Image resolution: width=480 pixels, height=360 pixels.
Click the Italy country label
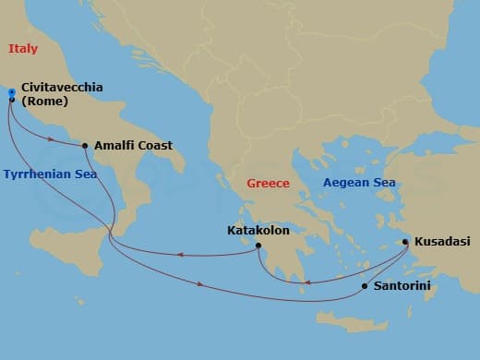point(23,49)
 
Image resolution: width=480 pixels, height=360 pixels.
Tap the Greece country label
point(268,184)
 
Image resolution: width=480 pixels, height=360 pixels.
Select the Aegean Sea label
point(359,183)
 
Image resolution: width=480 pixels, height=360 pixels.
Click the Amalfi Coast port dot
point(85,146)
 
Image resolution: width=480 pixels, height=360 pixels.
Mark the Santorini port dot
point(365,286)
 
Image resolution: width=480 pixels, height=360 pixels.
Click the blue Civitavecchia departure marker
point(11,93)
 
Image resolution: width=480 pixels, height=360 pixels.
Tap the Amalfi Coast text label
point(134,145)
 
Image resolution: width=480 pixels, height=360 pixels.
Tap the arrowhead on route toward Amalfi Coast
point(53,141)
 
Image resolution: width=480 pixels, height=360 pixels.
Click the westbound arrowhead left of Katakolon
point(179,255)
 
